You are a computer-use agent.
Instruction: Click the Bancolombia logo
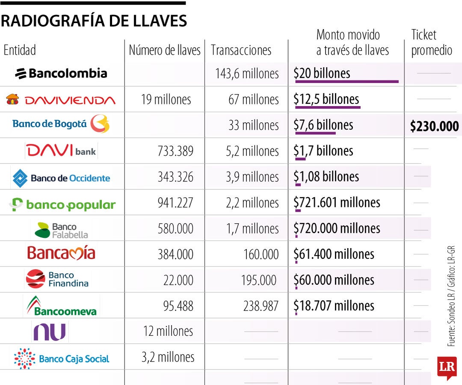click(x=61, y=74)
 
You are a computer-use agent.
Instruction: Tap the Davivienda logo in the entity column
click(x=61, y=100)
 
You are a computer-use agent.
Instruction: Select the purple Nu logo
click(x=50, y=332)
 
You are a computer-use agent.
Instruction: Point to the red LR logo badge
click(x=447, y=367)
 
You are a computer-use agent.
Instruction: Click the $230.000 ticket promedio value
click(x=434, y=126)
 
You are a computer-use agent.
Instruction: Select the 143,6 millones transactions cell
click(x=247, y=74)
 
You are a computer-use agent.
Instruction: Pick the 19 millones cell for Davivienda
click(x=166, y=100)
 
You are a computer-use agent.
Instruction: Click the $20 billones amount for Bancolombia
click(x=322, y=73)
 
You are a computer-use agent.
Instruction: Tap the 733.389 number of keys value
click(x=175, y=151)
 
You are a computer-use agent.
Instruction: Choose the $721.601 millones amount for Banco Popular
click(x=337, y=202)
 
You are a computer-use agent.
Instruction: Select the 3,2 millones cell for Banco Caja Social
click(x=168, y=357)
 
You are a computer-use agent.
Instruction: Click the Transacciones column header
click(x=241, y=50)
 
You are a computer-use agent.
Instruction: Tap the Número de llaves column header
click(x=165, y=50)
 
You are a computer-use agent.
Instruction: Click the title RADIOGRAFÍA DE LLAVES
click(x=94, y=21)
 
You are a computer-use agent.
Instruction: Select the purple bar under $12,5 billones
click(x=328, y=107)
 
